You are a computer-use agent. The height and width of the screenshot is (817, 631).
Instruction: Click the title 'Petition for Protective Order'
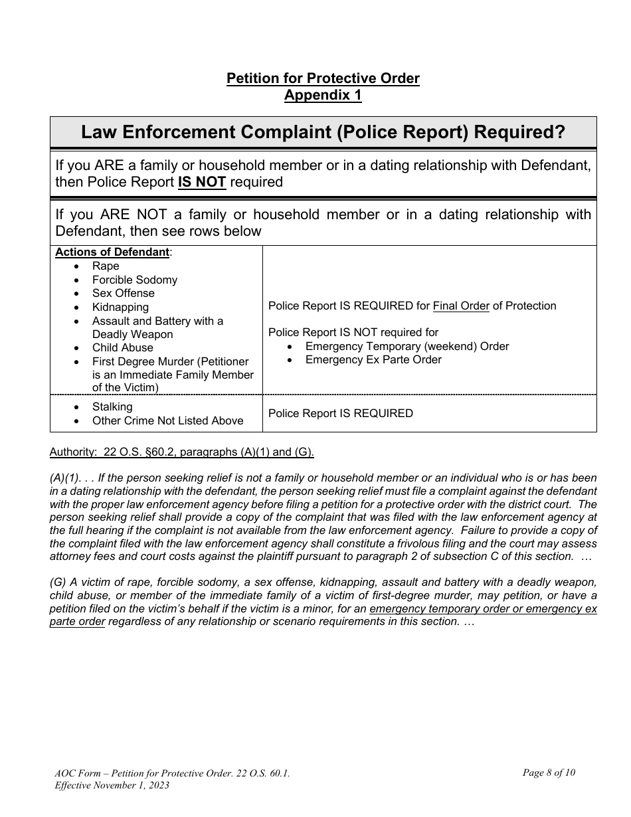pos(323,78)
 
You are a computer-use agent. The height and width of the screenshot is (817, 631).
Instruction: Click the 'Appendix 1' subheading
pos(323,95)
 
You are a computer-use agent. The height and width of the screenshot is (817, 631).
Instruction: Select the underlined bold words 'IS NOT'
pos(202,182)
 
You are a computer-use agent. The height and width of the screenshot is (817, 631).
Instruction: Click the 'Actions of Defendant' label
pos(112,252)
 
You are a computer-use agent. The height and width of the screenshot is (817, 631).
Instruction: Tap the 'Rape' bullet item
pos(106,266)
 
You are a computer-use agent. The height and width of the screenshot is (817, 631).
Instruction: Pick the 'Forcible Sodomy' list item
pos(135,280)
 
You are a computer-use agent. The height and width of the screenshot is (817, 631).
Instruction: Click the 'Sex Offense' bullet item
pos(123,293)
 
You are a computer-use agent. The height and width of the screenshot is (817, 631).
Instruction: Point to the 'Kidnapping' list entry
pos(120,307)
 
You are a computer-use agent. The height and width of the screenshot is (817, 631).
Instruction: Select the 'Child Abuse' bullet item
pos(122,347)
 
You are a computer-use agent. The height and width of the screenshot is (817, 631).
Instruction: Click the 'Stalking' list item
pos(112,407)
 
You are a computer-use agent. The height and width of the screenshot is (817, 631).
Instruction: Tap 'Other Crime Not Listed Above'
pos(167,420)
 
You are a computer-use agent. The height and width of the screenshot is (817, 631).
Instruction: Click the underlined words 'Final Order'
pos(461,306)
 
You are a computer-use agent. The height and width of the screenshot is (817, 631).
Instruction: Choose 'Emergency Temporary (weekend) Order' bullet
pos(406,346)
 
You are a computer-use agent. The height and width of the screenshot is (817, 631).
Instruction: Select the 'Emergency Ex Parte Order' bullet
pos(373,359)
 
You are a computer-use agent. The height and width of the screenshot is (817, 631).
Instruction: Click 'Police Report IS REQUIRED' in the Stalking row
pos(340,413)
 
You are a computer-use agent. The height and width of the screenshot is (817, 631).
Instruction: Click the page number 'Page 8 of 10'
pos(549,772)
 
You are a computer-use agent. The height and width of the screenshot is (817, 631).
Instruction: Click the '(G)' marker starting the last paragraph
pos(58,582)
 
